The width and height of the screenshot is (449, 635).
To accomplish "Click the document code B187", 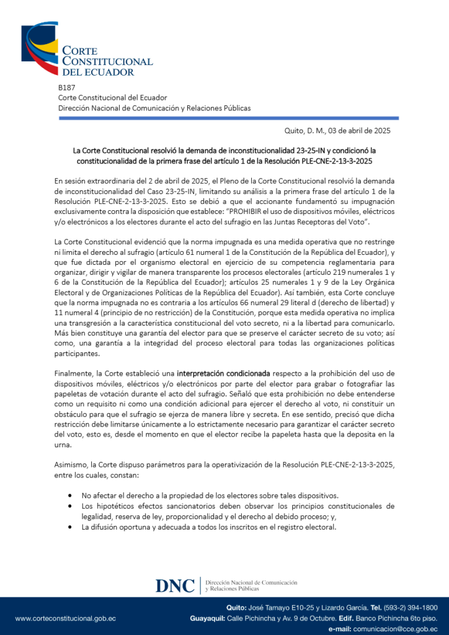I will point(66,87).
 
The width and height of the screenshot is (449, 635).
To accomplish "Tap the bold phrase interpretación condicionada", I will point(223,374).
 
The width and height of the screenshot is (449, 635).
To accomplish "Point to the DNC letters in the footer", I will point(175,586).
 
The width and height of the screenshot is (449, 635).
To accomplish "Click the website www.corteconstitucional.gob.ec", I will point(65,618).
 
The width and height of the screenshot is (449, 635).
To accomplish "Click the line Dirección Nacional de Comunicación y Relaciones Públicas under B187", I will point(154,108).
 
